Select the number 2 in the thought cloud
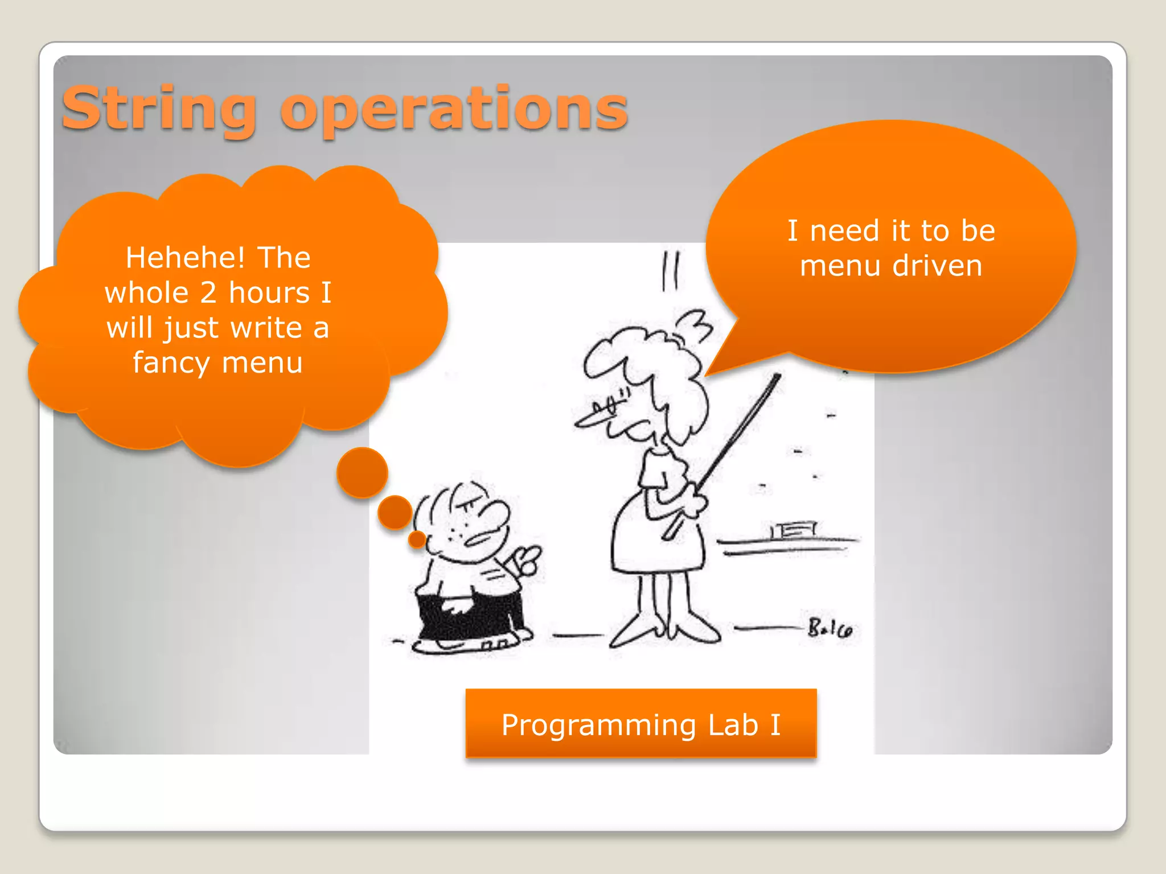(x=208, y=293)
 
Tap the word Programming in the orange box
(x=599, y=725)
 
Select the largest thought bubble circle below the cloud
(x=362, y=472)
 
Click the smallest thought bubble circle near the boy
(x=417, y=539)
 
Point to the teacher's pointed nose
(x=586, y=421)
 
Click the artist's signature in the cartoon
(x=830, y=629)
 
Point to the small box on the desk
(x=794, y=530)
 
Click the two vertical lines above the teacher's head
(x=670, y=271)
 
